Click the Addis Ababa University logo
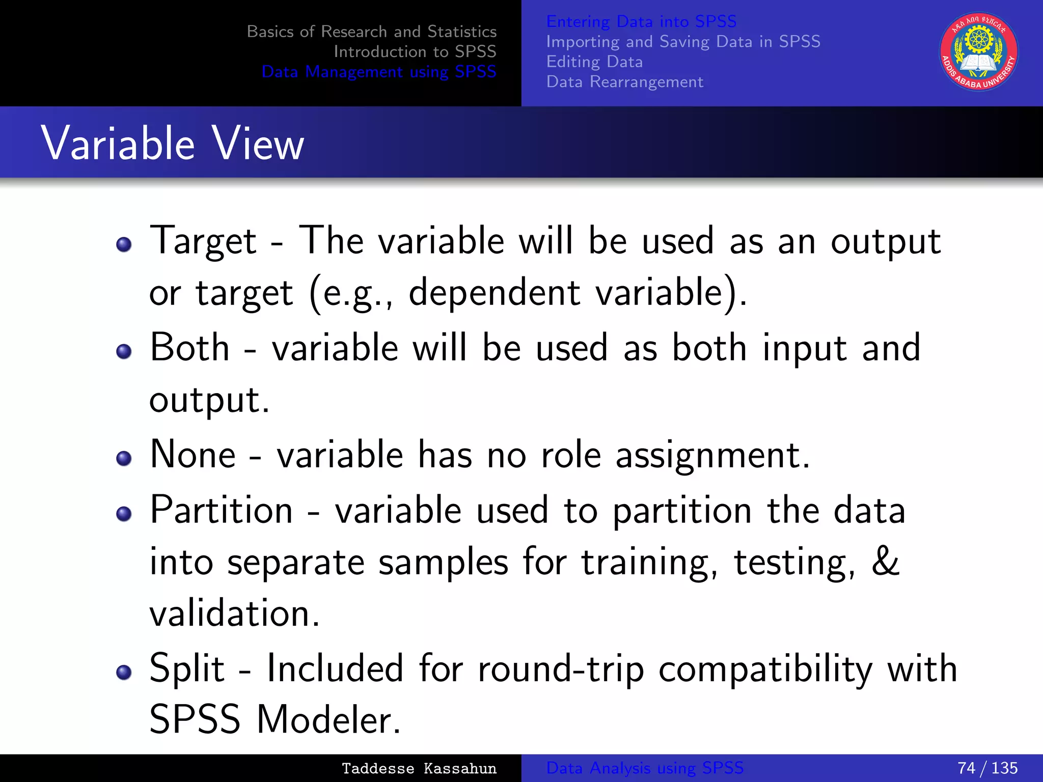(x=978, y=51)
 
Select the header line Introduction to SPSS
(x=415, y=51)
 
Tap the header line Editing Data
(x=594, y=62)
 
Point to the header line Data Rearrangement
(x=624, y=82)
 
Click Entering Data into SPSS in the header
(x=641, y=21)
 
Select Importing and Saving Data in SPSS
(x=683, y=41)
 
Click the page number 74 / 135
(x=987, y=768)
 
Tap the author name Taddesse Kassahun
(x=419, y=768)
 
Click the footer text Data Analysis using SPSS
(x=645, y=768)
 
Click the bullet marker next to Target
(x=124, y=245)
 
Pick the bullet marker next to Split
(x=124, y=673)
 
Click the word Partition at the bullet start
(x=222, y=510)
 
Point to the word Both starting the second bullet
(x=189, y=348)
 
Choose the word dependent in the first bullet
(x=494, y=293)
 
